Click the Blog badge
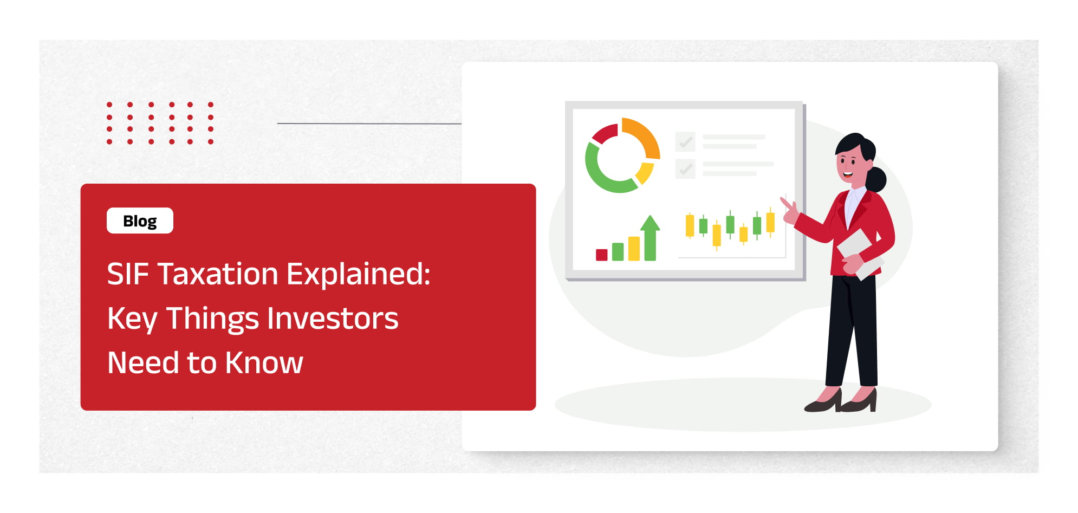click(140, 220)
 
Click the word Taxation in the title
click(218, 274)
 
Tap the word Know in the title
click(264, 362)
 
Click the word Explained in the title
click(358, 274)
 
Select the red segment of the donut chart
click(605, 133)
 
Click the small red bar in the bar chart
click(601, 255)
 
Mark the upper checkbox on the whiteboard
click(685, 142)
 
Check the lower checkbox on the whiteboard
click(685, 168)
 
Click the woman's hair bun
click(876, 179)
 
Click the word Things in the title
click(212, 319)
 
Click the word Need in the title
click(143, 362)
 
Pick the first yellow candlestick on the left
click(690, 225)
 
